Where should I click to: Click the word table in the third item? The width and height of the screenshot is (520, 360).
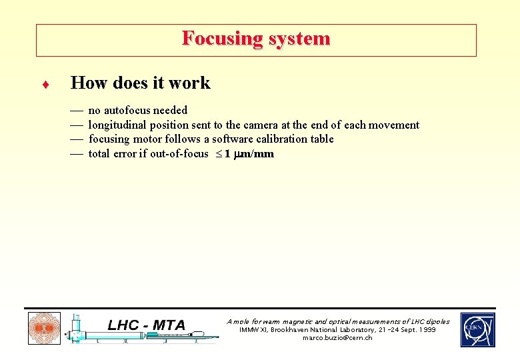click(x=321, y=139)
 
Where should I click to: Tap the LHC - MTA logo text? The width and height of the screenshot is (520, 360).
click(x=147, y=325)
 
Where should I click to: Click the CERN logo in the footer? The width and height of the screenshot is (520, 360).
click(x=477, y=329)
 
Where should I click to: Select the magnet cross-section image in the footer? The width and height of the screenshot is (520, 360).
click(x=44, y=329)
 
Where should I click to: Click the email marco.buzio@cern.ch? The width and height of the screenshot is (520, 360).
click(x=337, y=338)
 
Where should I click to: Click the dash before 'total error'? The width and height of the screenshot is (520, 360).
click(x=76, y=154)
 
